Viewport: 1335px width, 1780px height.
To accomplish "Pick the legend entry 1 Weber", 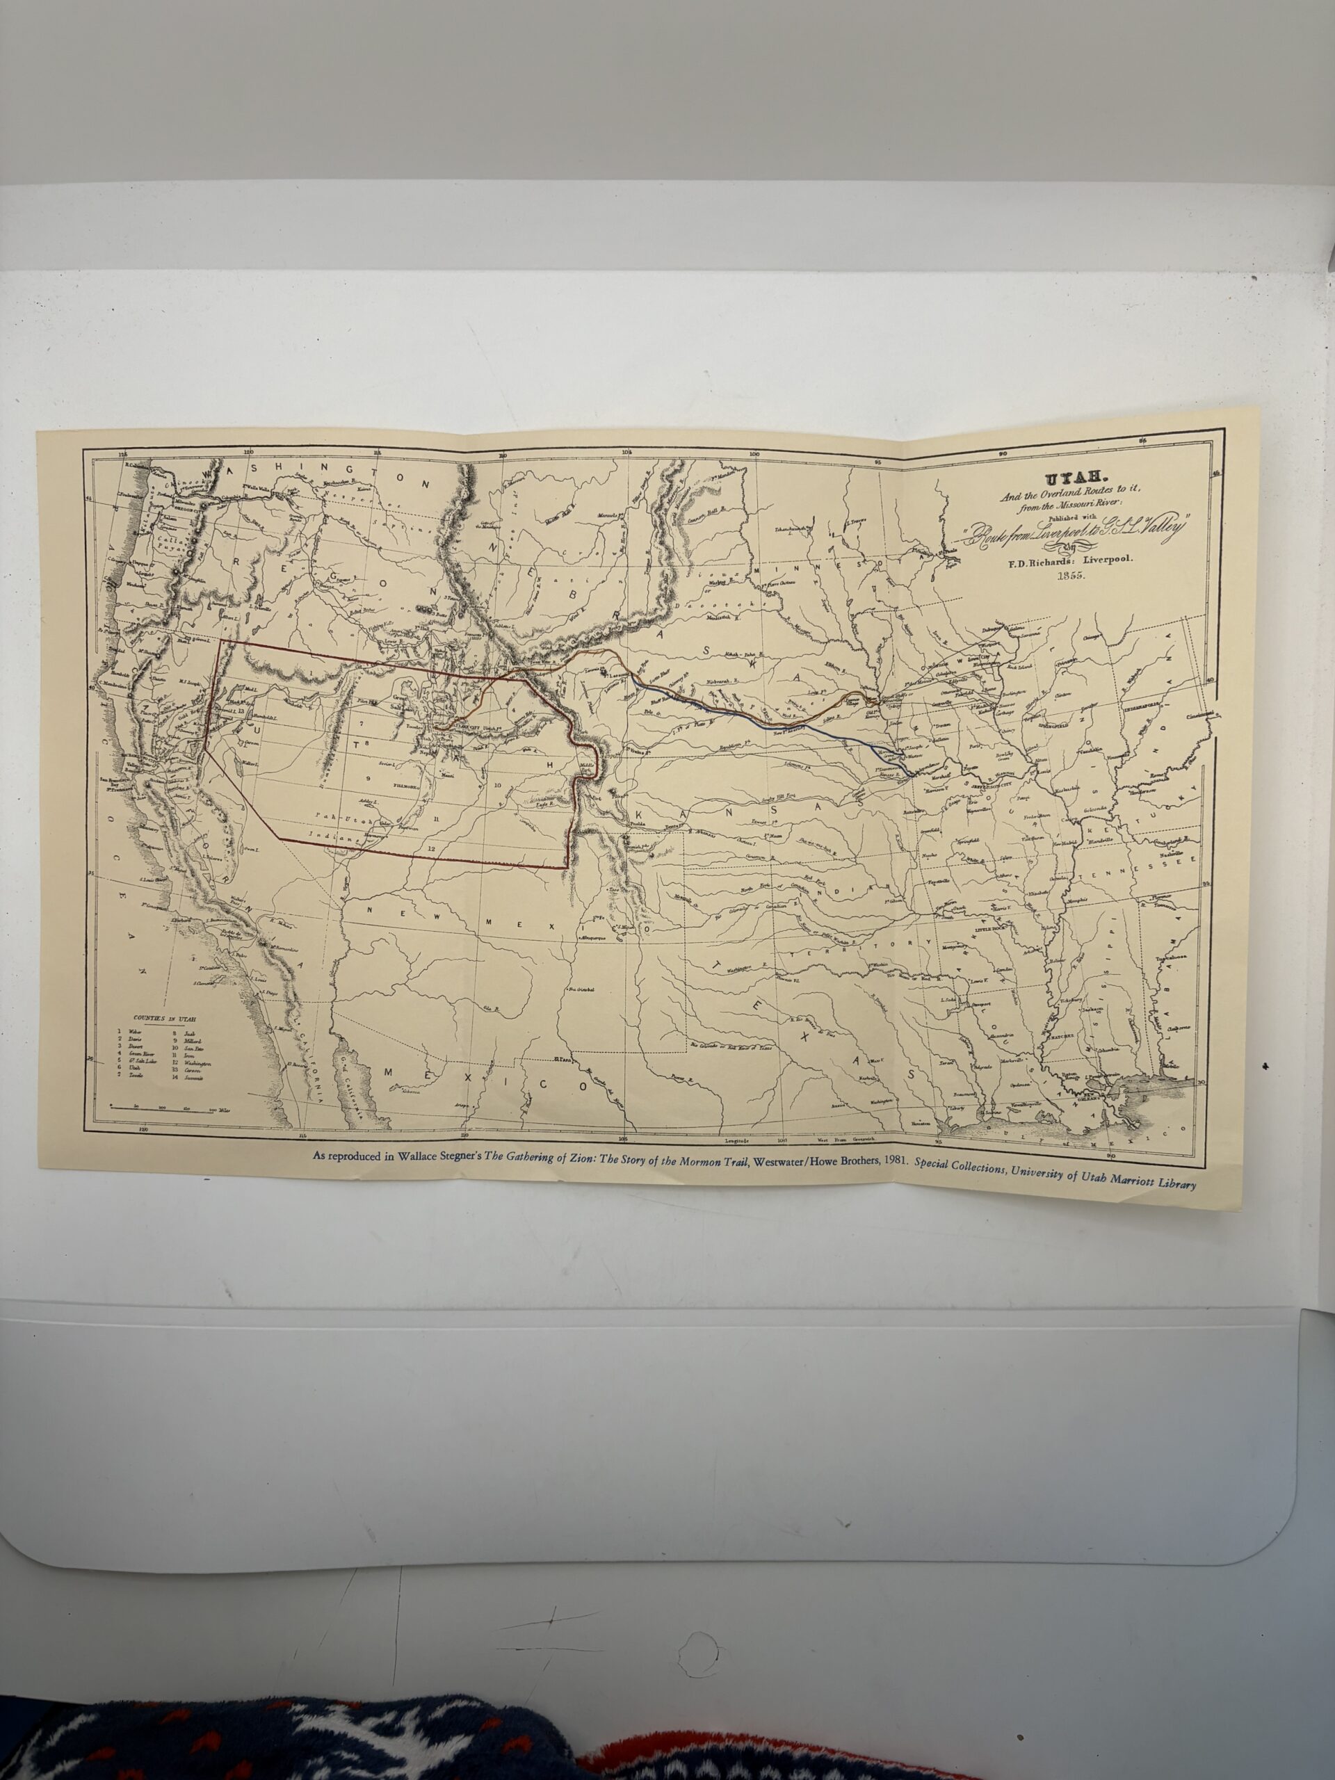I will coord(129,1031).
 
